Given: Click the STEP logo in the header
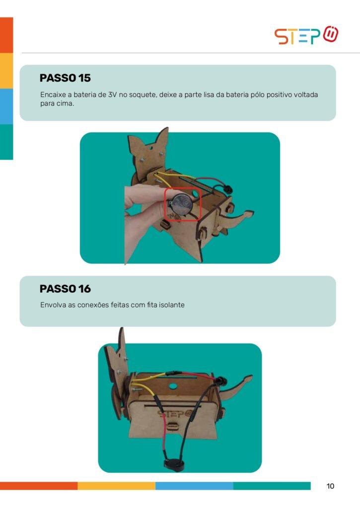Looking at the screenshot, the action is pyautogui.click(x=306, y=35).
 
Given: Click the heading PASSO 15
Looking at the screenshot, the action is pyautogui.click(x=65, y=78).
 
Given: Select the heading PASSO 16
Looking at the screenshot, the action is pyautogui.click(x=65, y=289).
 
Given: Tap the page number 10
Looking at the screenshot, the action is pyautogui.click(x=330, y=486).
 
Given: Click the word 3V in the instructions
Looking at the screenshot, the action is pyautogui.click(x=112, y=95).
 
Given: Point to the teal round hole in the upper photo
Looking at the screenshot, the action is pyautogui.click(x=195, y=193).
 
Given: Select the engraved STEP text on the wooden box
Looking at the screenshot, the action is pyautogui.click(x=174, y=414).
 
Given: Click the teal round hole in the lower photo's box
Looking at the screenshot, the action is pyautogui.click(x=173, y=386).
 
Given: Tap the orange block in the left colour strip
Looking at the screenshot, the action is pyautogui.click(x=6, y=35).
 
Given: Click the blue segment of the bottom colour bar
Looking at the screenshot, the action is pyautogui.click(x=194, y=486).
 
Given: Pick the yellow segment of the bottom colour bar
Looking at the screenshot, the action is pyautogui.click(x=116, y=486).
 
